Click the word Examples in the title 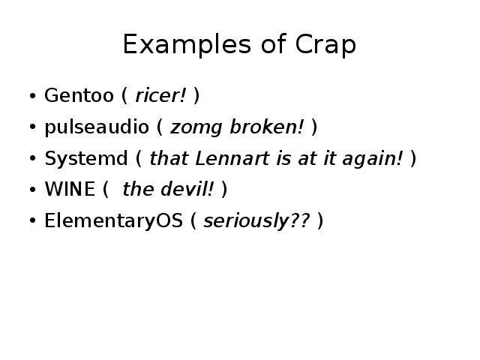pyautogui.click(x=187, y=44)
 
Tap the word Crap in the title pyautogui.click(x=325, y=44)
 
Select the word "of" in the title pyautogui.click(x=273, y=43)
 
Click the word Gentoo pyautogui.click(x=79, y=95)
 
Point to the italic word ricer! pyautogui.click(x=160, y=95)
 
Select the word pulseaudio pyautogui.click(x=97, y=127)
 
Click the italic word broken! pyautogui.click(x=267, y=126)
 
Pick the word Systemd pyautogui.click(x=86, y=158)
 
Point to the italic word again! pyautogui.click(x=373, y=159)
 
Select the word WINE pyautogui.click(x=70, y=189)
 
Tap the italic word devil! pyautogui.click(x=187, y=188)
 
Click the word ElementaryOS pyautogui.click(x=113, y=221)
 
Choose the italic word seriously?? pyautogui.click(x=256, y=221)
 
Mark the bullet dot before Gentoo pyautogui.click(x=32, y=95)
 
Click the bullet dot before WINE pyautogui.click(x=32, y=189)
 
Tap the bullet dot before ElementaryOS pyautogui.click(x=32, y=220)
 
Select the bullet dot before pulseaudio pyautogui.click(x=32, y=127)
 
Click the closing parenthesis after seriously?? pyautogui.click(x=320, y=220)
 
